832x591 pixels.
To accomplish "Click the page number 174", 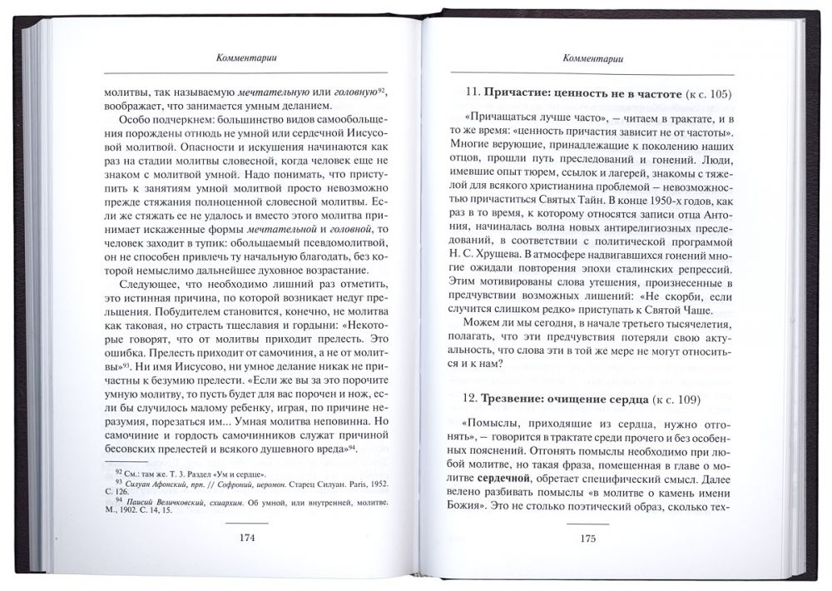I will tap(246, 537).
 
